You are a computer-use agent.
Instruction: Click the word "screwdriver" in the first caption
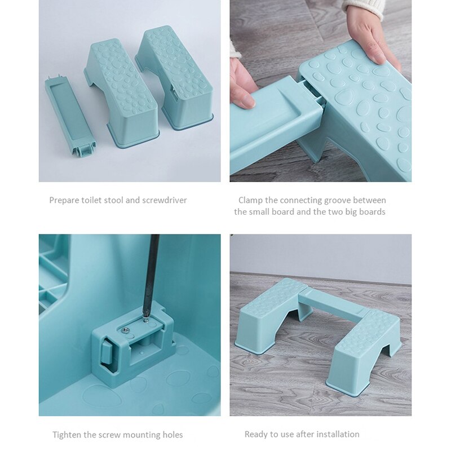165,200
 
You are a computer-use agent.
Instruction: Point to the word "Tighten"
67,434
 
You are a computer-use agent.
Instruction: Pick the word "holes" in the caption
173,434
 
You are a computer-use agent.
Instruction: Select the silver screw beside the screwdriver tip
125,330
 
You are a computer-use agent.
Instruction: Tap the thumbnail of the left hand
247,101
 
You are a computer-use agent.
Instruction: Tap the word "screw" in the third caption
109,435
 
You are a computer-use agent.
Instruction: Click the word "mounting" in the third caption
142,435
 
